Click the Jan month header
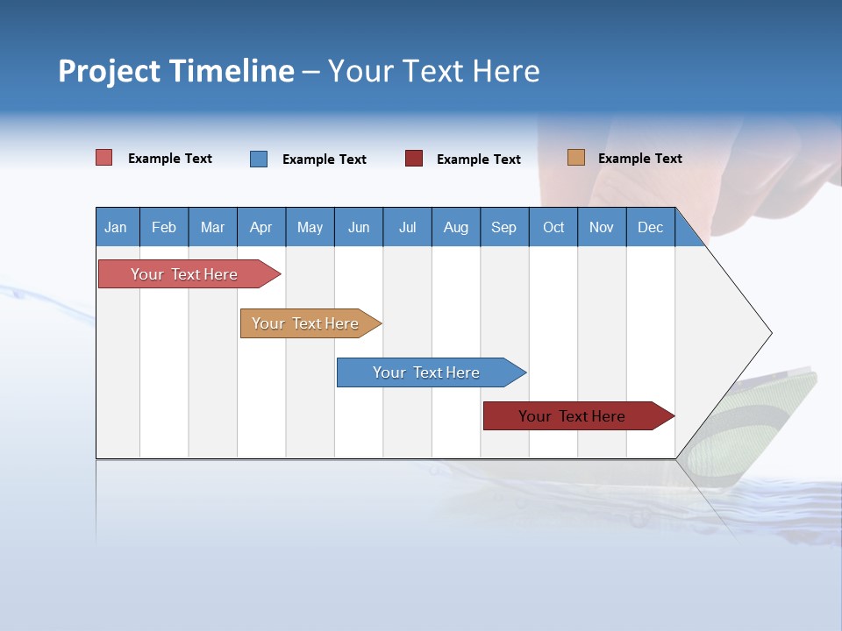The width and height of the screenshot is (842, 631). click(x=116, y=227)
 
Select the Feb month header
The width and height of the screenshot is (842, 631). click(x=164, y=227)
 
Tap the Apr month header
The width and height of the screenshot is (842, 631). click(x=260, y=227)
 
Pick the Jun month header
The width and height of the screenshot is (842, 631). click(x=359, y=227)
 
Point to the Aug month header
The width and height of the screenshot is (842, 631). click(x=455, y=227)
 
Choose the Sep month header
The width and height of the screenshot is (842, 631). click(x=503, y=227)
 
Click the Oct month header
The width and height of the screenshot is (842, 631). click(x=553, y=227)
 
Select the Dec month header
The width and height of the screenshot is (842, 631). click(x=650, y=227)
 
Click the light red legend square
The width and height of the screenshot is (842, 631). click(x=104, y=158)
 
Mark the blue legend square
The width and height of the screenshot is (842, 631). click(x=259, y=159)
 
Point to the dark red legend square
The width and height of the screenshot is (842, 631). click(x=414, y=159)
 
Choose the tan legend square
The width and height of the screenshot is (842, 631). click(x=576, y=158)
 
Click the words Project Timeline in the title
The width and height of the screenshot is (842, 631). click(x=176, y=71)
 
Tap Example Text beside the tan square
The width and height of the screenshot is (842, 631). click(x=639, y=159)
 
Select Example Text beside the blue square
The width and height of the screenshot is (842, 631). click(x=324, y=160)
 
